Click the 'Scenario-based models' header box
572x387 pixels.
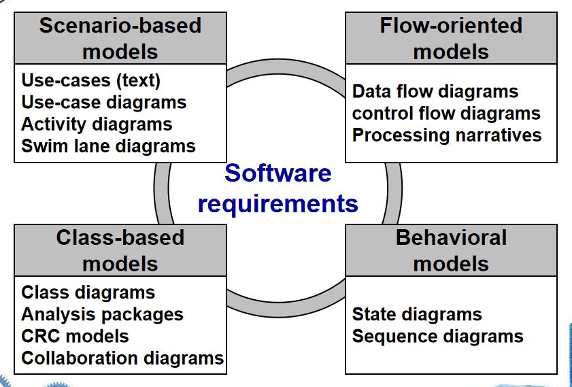(120, 38)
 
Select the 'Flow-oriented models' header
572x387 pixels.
(451, 38)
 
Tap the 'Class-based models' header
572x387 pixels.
(120, 250)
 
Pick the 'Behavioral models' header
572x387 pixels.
(451, 250)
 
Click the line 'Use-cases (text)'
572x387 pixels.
(91, 80)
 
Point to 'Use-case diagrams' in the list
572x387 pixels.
(104, 103)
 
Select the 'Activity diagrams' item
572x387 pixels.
(97, 124)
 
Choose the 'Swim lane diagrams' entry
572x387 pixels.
(108, 146)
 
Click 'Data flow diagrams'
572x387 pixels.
(435, 91)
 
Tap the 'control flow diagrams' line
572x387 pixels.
(446, 113)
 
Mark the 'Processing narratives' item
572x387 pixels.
(447, 135)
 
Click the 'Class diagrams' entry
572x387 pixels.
(88, 292)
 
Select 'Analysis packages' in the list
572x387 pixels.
(102, 314)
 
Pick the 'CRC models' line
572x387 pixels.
(75, 336)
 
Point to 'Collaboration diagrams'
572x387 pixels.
(122, 358)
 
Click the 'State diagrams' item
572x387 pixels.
(417, 314)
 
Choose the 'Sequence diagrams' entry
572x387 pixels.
(438, 336)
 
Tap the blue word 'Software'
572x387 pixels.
(278, 173)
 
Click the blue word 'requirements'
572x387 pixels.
(278, 204)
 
